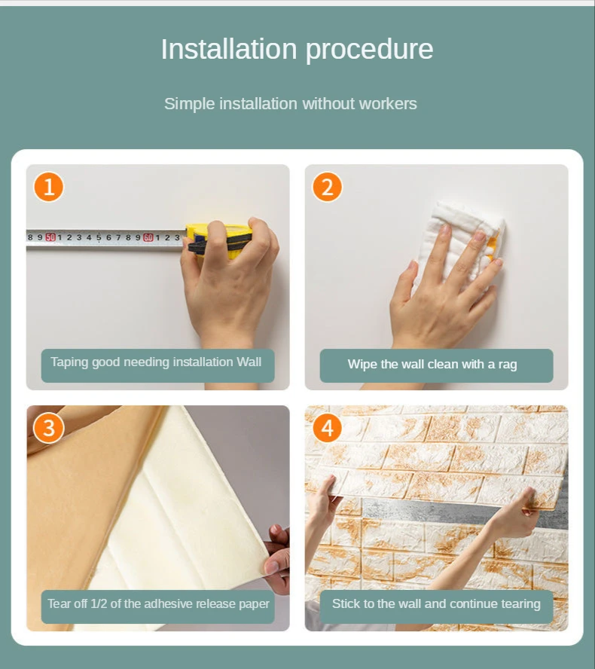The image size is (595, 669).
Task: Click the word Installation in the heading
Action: click(x=229, y=49)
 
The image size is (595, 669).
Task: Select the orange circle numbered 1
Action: click(x=49, y=187)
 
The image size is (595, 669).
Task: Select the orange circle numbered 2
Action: click(x=327, y=187)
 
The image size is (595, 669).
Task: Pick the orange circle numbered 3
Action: click(x=49, y=428)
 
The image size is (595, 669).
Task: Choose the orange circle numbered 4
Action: click(x=327, y=428)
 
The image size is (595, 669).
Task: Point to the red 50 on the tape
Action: click(x=50, y=237)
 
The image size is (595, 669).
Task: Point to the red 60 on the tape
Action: click(x=148, y=237)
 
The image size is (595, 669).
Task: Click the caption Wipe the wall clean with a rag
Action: click(x=432, y=365)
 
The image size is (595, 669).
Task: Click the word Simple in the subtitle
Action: click(x=189, y=104)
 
